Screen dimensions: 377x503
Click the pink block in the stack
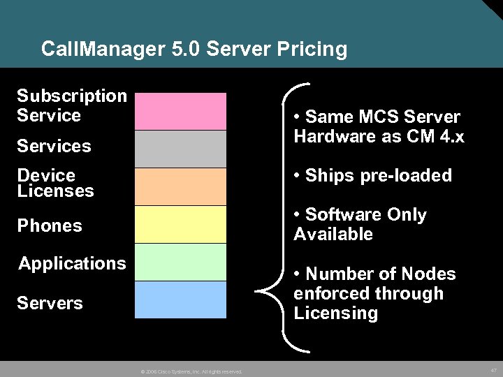coord(180,111)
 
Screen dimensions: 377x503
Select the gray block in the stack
coord(180,149)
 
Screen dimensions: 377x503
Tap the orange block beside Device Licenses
coord(180,186)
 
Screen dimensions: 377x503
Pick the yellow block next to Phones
coord(180,224)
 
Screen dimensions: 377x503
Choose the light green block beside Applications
coord(180,262)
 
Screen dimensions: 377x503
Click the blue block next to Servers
coord(180,300)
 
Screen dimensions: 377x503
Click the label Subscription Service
coord(71,105)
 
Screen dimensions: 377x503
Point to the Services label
coord(54,146)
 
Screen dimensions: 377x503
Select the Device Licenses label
coord(55,183)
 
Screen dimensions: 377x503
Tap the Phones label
coord(50,226)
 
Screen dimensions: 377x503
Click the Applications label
coord(72,263)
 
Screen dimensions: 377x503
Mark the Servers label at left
coord(50,303)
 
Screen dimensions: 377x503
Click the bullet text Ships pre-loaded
coord(373,175)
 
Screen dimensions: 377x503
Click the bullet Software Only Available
coord(360,224)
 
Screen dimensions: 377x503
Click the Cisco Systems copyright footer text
coord(191,371)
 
